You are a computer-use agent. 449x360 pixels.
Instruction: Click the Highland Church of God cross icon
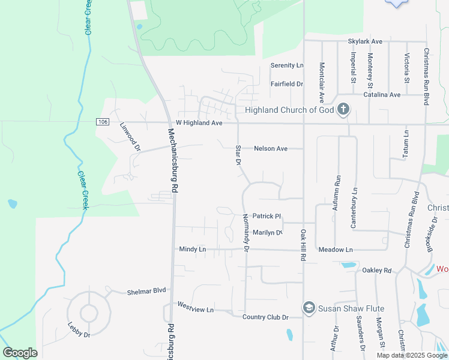[x=343, y=109]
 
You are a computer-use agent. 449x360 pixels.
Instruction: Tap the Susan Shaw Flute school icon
[x=309, y=308]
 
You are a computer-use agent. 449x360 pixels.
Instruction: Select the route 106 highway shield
[x=103, y=122]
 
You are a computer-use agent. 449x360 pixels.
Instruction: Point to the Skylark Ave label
[x=365, y=41]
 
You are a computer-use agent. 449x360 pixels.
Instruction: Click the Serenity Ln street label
[x=287, y=65]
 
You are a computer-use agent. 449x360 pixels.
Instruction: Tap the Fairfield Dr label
[x=286, y=85]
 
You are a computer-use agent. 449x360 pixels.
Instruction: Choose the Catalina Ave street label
[x=382, y=95]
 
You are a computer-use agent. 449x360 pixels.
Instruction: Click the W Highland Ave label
[x=199, y=123]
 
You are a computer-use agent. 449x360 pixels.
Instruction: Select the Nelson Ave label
[x=271, y=148]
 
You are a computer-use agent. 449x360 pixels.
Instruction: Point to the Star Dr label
[x=238, y=155]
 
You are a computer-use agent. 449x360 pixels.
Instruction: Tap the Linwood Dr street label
[x=130, y=137]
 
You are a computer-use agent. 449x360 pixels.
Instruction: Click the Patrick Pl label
[x=267, y=216]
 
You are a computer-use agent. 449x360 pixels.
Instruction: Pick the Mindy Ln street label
[x=192, y=249]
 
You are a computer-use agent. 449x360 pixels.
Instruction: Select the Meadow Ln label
[x=336, y=250]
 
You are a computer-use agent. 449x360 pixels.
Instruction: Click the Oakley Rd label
[x=377, y=271]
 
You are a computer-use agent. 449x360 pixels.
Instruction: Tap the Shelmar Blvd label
[x=146, y=291]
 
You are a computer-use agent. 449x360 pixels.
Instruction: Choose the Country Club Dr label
[x=265, y=317]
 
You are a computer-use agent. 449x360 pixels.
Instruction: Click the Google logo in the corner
[x=20, y=353]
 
